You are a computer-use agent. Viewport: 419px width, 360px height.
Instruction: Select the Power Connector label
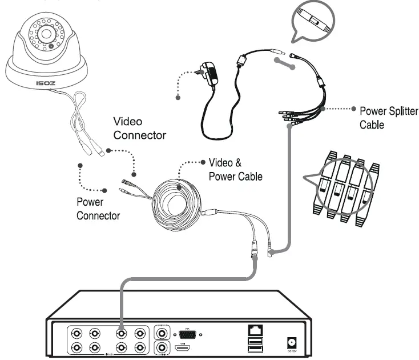tap(98, 209)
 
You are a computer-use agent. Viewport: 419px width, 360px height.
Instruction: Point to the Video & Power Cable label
tap(235, 169)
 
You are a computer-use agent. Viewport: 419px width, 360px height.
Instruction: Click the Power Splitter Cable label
tap(384, 117)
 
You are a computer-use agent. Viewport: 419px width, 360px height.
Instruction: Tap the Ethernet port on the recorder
tap(253, 330)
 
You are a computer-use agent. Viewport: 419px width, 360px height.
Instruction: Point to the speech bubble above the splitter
tap(311, 22)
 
